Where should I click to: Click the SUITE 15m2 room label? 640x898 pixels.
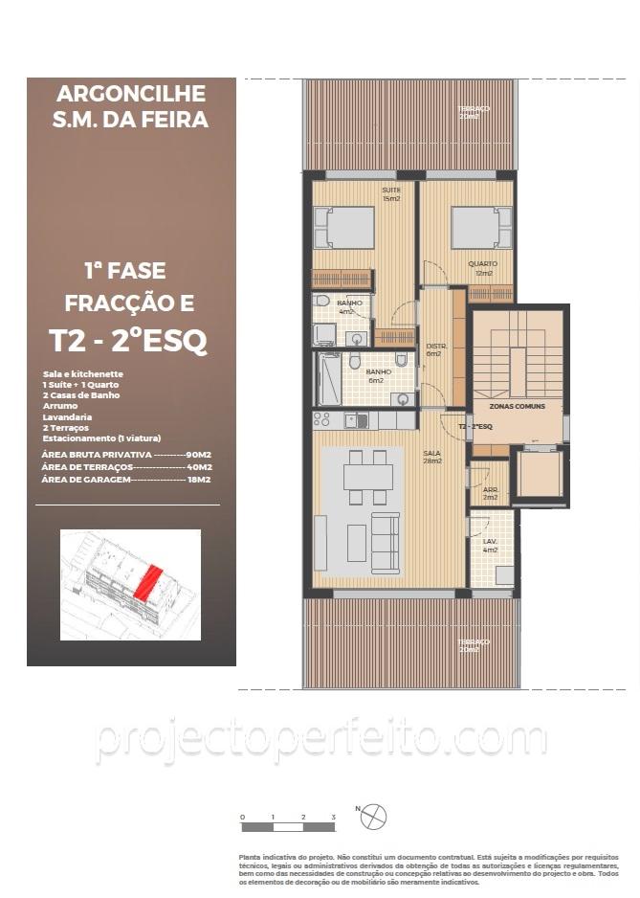pyautogui.click(x=390, y=194)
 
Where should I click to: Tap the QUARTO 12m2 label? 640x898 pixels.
pyautogui.click(x=480, y=268)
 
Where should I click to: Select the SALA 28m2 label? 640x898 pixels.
pyautogui.click(x=432, y=457)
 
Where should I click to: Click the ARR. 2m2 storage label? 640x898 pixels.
pyautogui.click(x=490, y=494)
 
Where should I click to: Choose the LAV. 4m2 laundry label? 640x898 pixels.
pyautogui.click(x=490, y=546)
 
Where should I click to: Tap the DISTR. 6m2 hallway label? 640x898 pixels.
pyautogui.click(x=433, y=350)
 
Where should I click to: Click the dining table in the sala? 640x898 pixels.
pyautogui.click(x=368, y=476)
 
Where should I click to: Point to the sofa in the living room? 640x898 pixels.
pyautogui.click(x=386, y=543)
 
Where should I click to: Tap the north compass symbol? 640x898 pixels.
pyautogui.click(x=374, y=817)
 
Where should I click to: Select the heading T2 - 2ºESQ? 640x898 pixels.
pyautogui.click(x=128, y=342)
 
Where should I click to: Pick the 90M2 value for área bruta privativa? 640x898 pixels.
pyautogui.click(x=198, y=454)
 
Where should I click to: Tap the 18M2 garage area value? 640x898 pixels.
pyautogui.click(x=199, y=480)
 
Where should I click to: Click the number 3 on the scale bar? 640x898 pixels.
pyautogui.click(x=333, y=817)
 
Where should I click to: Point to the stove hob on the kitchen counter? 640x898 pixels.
pyautogui.click(x=321, y=419)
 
